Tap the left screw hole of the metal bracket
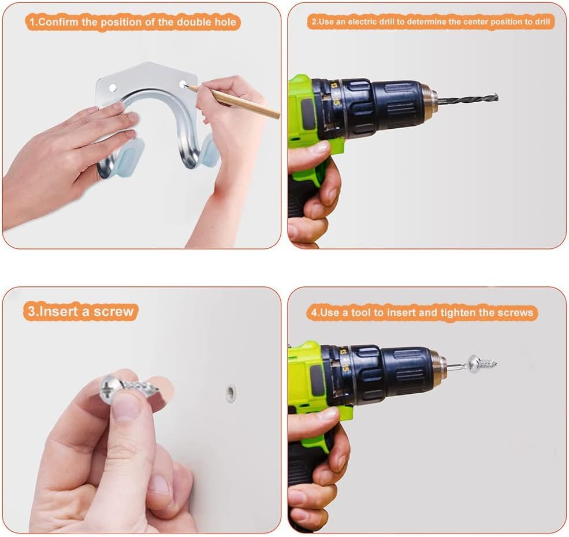[x=113, y=87]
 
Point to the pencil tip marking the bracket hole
[x=185, y=86]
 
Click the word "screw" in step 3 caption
[x=113, y=312]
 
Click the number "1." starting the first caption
[x=33, y=22]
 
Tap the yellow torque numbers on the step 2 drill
[x=335, y=94]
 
